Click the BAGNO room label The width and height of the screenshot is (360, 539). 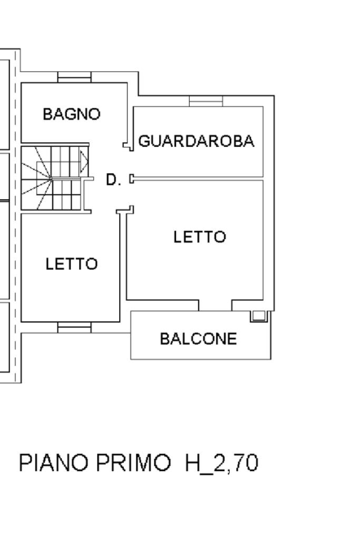(72, 114)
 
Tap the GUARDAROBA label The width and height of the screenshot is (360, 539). (197, 141)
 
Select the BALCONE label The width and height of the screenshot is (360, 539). (198, 339)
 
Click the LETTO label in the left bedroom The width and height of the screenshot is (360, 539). (72, 263)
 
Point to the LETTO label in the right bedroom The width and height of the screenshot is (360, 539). (200, 237)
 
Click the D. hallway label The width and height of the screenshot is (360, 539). (113, 180)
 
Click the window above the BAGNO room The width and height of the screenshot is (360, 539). (74, 77)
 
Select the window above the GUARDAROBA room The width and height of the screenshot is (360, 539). (206, 101)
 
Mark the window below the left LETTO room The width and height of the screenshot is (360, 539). (74, 328)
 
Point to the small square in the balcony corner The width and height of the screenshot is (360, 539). (258, 316)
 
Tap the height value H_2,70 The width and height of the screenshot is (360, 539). (221, 464)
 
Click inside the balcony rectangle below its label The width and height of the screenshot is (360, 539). (200, 352)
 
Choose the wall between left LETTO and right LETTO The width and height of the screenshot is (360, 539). (122, 263)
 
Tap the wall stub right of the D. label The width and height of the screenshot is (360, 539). (132, 179)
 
